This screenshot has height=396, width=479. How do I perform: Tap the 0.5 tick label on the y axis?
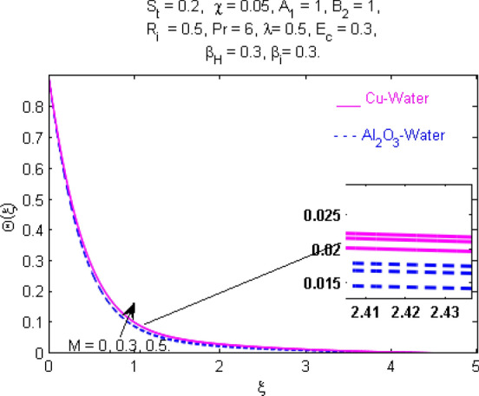coord(30,199)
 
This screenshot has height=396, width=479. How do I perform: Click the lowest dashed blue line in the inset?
coord(408,287)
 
